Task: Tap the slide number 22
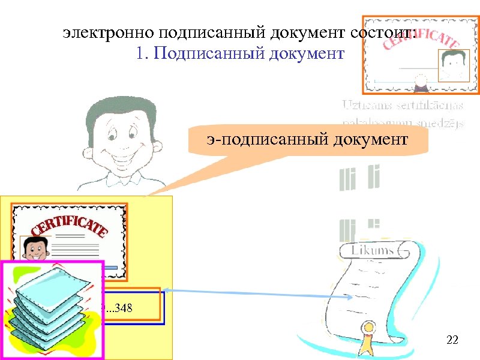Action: click(x=452, y=341)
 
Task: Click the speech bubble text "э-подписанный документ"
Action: click(x=307, y=140)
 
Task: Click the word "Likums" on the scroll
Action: click(x=373, y=250)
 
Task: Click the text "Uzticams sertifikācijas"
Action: click(x=403, y=106)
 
